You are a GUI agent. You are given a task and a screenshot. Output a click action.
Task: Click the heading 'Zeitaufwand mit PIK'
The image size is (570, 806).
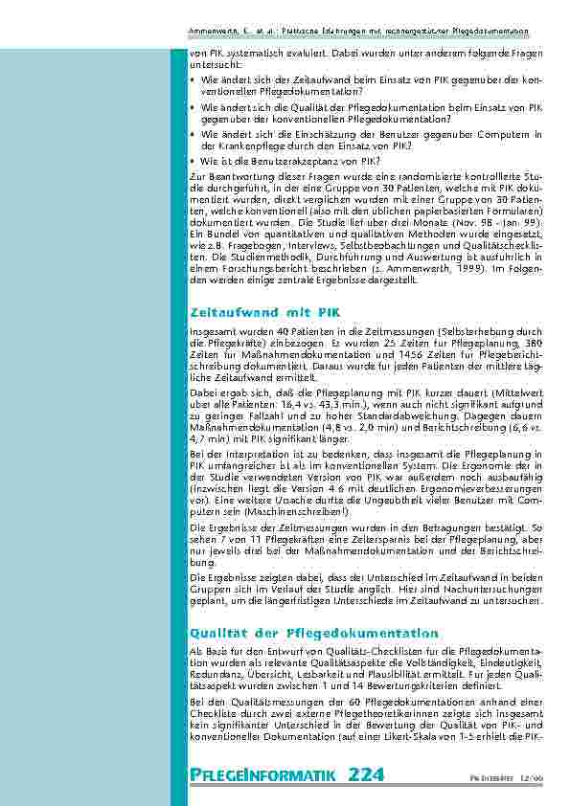(259, 312)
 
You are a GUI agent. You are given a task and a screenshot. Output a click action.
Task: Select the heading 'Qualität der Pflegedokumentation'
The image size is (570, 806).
(314, 634)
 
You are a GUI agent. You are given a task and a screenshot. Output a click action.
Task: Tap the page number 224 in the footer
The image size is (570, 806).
(369, 774)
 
